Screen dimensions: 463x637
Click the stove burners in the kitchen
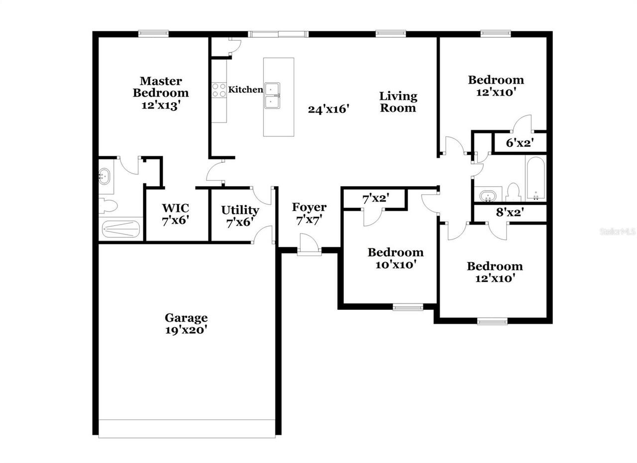pyautogui.click(x=218, y=90)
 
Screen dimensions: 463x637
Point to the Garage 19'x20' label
pyautogui.click(x=186, y=324)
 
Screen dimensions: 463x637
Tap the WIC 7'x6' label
pyautogui.click(x=175, y=214)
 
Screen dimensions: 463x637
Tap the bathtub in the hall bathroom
pyautogui.click(x=535, y=178)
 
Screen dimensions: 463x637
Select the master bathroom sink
pyautogui.click(x=105, y=176)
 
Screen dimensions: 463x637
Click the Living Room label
pyautogui.click(x=398, y=102)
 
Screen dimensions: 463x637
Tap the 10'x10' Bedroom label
pyautogui.click(x=395, y=258)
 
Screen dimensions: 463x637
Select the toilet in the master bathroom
pyautogui.click(x=108, y=205)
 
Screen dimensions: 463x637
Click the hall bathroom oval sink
pyautogui.click(x=485, y=195)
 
